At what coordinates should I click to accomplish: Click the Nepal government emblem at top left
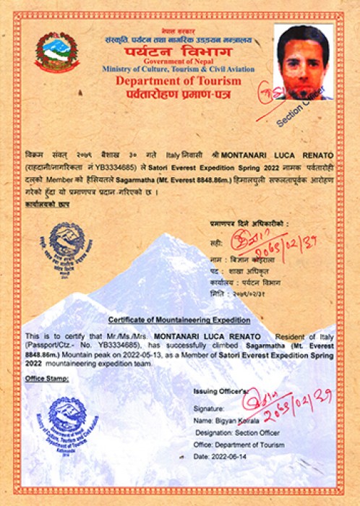click(57, 52)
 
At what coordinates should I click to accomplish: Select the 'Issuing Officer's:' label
click(224, 391)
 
